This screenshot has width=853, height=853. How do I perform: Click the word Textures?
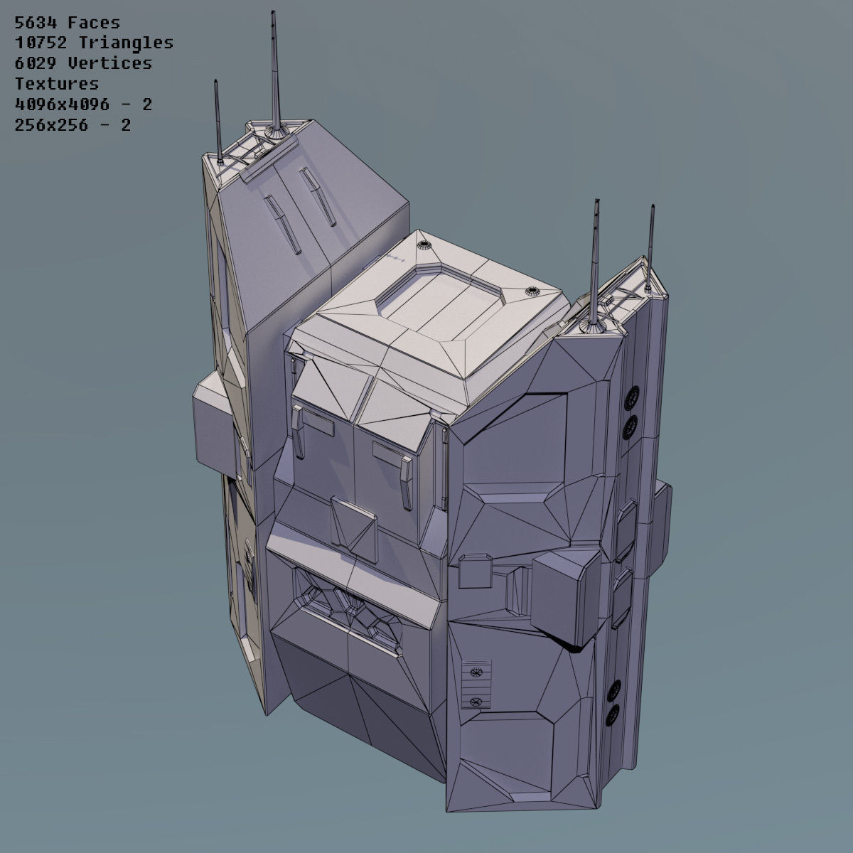point(57,84)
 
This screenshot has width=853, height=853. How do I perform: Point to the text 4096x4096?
point(62,104)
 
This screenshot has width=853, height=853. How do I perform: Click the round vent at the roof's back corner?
point(425,246)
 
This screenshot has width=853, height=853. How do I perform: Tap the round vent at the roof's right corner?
point(532,291)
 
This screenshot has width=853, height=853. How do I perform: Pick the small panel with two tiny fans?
point(476,686)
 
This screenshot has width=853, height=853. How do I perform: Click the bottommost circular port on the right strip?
point(612,713)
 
